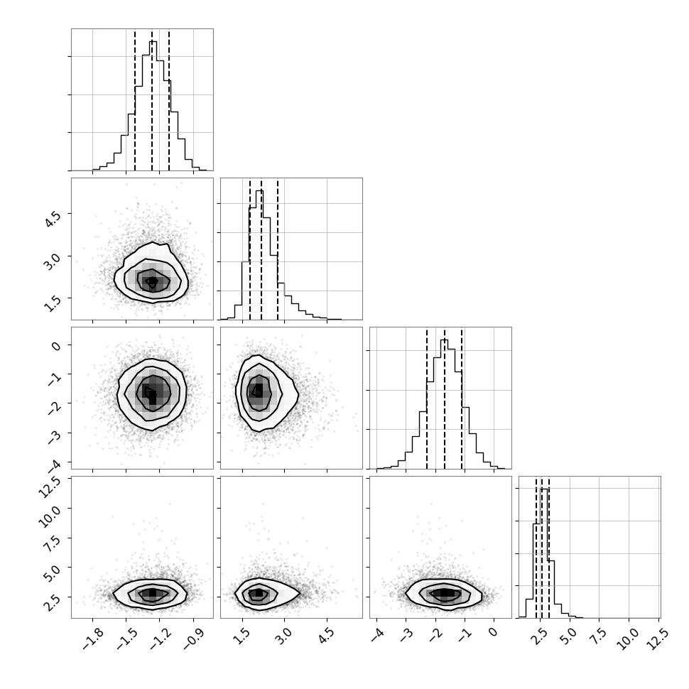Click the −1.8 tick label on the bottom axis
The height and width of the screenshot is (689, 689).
pyautogui.click(x=93, y=638)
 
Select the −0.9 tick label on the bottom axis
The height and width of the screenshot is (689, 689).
pyautogui.click(x=193, y=638)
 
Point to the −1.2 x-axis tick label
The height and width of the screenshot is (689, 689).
pyautogui.click(x=160, y=638)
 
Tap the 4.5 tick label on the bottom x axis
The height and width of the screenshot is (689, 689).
pyautogui.click(x=325, y=636)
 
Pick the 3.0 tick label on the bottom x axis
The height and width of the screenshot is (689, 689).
pyautogui.click(x=283, y=636)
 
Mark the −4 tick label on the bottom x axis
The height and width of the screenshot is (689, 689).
pyautogui.click(x=379, y=635)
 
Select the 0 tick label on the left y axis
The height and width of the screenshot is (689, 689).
pyautogui.click(x=56, y=346)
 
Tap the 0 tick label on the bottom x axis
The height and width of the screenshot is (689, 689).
pyautogui.click(x=493, y=632)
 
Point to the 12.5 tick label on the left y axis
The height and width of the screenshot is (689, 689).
pyautogui.click(x=49, y=487)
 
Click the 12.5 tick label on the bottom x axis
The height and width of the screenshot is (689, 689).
pyautogui.click(x=658, y=639)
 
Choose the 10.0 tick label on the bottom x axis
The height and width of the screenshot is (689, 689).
pyautogui.click(x=627, y=639)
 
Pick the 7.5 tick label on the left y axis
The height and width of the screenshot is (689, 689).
pyautogui.click(x=52, y=543)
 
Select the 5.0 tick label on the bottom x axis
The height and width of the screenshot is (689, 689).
pyautogui.click(x=569, y=636)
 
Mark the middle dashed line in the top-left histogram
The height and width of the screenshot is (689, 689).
pyautogui.click(x=152, y=99)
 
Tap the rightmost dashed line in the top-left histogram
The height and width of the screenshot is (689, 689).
pyautogui.click(x=169, y=99)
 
